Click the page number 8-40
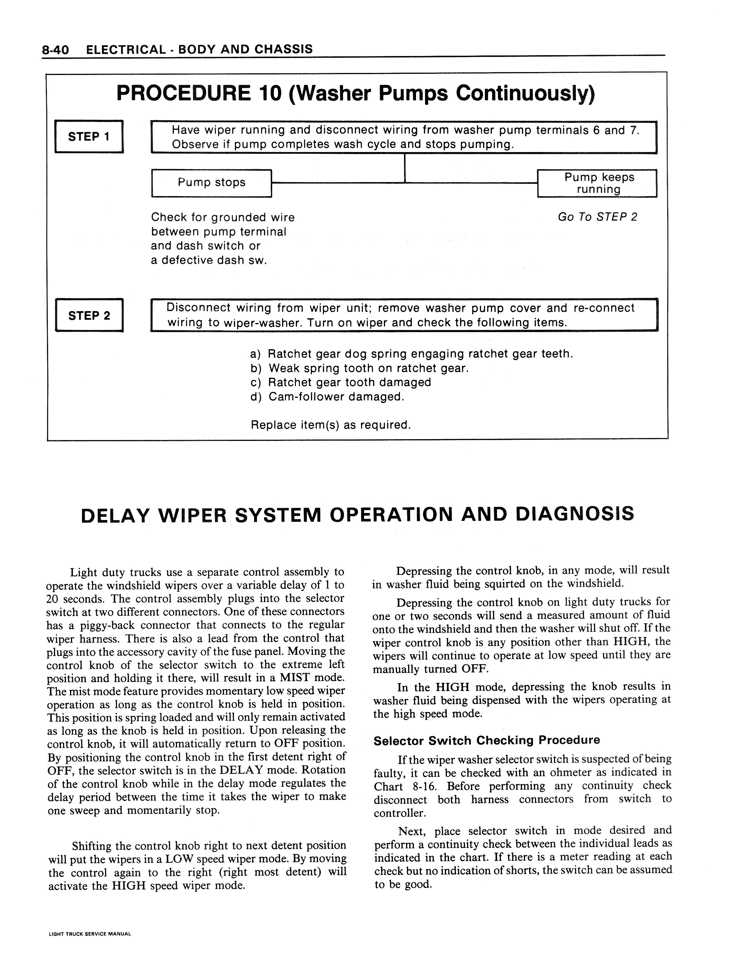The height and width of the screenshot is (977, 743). [55, 50]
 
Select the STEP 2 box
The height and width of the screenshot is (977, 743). [89, 315]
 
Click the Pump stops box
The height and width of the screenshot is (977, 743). [211, 183]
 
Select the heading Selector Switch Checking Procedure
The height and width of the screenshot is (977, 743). [487, 740]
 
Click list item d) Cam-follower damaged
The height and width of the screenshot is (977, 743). [327, 397]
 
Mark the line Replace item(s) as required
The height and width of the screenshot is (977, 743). [331, 425]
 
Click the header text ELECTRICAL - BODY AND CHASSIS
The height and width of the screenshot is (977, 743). [199, 50]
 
